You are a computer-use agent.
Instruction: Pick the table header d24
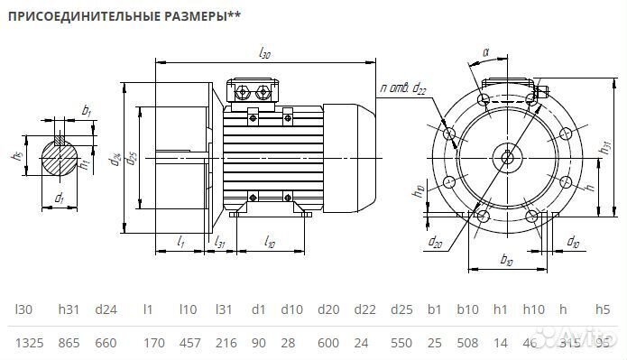click(106, 309)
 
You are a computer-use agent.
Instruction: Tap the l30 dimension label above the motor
click(265, 54)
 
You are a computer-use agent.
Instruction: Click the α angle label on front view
click(485, 52)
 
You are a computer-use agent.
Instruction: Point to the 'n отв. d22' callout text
click(403, 88)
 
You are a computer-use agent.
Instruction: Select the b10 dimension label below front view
click(506, 260)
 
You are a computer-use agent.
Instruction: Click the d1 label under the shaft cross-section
click(60, 197)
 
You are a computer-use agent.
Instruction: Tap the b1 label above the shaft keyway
click(87, 111)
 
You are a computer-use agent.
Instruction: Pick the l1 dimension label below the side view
click(181, 243)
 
